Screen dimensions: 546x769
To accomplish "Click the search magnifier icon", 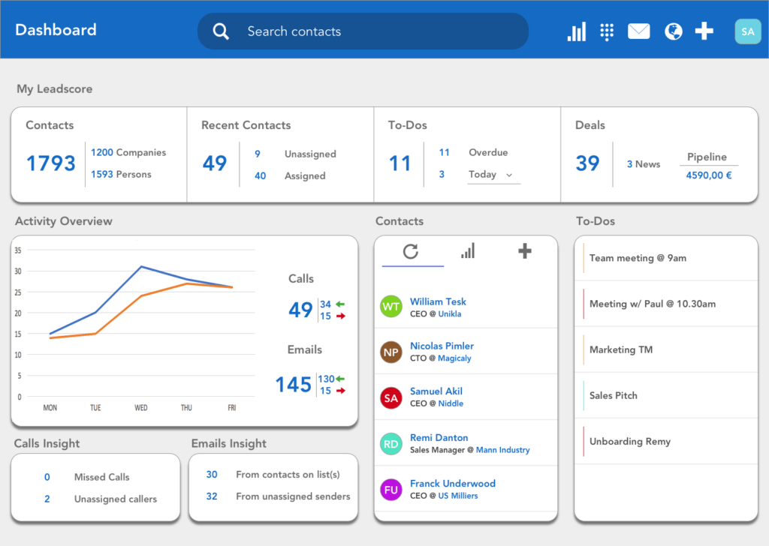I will [221, 31].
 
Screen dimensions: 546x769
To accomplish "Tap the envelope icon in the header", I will [638, 31].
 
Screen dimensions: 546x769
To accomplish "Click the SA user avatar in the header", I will [747, 31].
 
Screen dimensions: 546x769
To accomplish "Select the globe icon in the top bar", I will [674, 31].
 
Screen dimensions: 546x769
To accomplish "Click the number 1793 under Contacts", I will [51, 163].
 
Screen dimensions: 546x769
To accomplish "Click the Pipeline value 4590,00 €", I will [708, 175].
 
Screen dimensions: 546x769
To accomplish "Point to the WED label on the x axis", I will [140, 408].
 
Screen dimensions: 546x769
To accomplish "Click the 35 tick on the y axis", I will [18, 250].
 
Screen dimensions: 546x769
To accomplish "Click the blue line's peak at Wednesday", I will [140, 266].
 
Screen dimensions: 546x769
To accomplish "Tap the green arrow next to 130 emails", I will [340, 379].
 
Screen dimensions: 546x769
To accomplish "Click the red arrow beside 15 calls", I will [340, 316].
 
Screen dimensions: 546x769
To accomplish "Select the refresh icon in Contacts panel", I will [410, 251].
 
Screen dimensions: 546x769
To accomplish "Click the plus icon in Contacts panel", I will [524, 251].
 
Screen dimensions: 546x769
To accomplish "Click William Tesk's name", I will [438, 301].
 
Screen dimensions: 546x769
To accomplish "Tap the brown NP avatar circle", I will [391, 352].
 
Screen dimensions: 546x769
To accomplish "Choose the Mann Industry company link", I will [503, 450].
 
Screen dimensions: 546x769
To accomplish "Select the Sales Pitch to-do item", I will [613, 395].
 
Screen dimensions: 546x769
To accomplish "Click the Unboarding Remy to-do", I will [629, 442].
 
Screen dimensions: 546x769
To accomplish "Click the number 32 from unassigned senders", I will [212, 496].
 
